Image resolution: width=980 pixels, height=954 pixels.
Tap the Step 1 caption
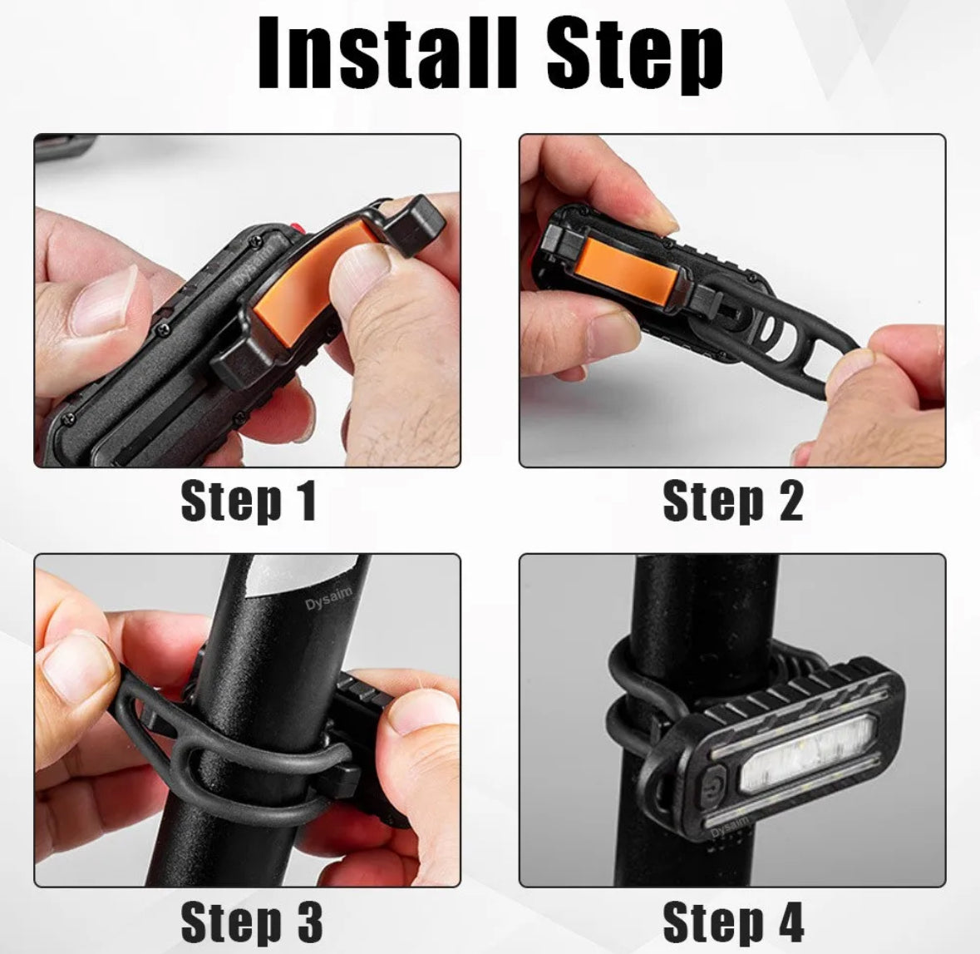249,501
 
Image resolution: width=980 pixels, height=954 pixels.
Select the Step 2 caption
732,501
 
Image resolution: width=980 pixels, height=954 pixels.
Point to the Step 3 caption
251,922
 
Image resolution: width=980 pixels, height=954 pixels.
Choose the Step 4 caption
733,922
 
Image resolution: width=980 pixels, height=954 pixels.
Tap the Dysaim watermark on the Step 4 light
730,828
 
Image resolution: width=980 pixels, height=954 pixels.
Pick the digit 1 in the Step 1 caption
306,501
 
